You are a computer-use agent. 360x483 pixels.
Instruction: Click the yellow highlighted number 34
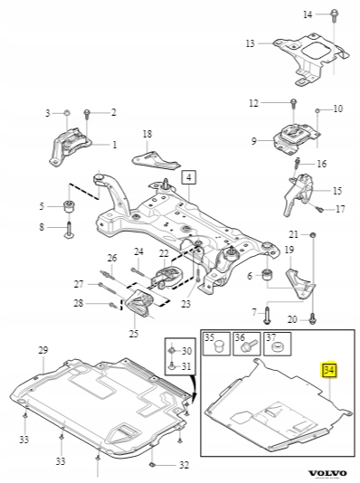click(329, 370)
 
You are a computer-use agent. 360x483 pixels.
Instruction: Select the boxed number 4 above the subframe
click(189, 176)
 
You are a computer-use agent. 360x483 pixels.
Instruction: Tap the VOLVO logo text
click(327, 473)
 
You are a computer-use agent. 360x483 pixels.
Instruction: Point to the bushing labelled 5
click(70, 205)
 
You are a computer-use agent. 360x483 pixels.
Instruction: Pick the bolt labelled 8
click(70, 229)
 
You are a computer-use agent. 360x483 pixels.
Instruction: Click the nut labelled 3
click(67, 112)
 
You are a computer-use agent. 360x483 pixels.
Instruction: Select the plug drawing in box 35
click(220, 346)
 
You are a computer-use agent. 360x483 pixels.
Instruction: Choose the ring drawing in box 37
click(279, 346)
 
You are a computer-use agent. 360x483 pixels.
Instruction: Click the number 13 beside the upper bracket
click(251, 43)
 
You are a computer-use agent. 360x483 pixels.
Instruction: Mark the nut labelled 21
click(313, 235)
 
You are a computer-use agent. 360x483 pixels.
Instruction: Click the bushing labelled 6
click(267, 274)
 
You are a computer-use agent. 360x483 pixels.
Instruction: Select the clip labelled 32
click(153, 465)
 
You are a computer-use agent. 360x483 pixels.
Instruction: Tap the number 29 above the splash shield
click(43, 350)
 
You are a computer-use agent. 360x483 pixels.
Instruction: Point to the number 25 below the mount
click(134, 333)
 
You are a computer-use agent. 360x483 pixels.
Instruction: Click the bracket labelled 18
click(156, 159)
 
